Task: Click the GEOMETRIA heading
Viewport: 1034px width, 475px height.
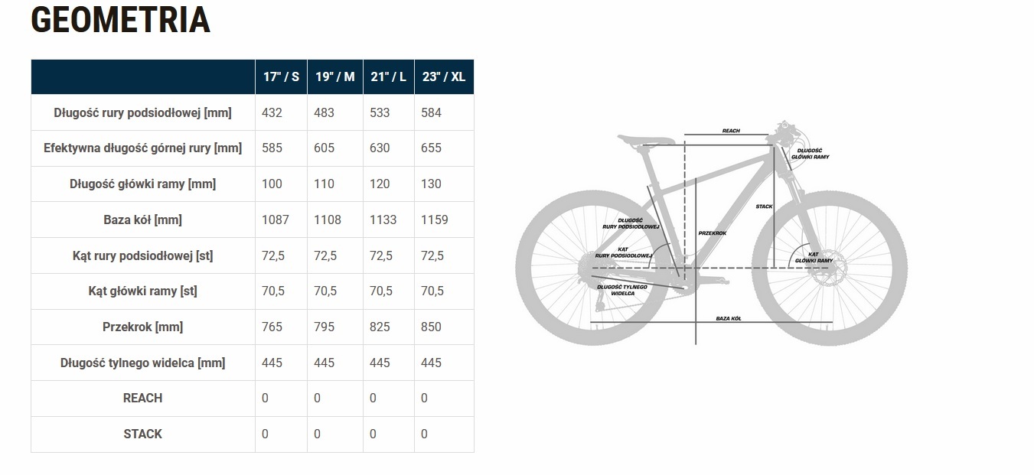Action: coord(120,21)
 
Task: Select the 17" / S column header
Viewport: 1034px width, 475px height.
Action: coord(281,76)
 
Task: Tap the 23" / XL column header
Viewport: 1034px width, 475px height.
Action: coord(444,76)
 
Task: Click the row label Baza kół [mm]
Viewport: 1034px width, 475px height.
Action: coord(142,220)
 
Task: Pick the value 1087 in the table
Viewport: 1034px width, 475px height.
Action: coord(275,220)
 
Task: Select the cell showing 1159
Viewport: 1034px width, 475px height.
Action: coord(435,220)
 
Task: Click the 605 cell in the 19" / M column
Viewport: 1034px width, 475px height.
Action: coord(324,148)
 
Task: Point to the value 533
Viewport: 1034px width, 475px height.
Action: coord(380,112)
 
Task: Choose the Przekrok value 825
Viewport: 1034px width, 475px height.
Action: coord(380,327)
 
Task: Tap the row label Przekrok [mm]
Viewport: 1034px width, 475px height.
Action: coord(142,327)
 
